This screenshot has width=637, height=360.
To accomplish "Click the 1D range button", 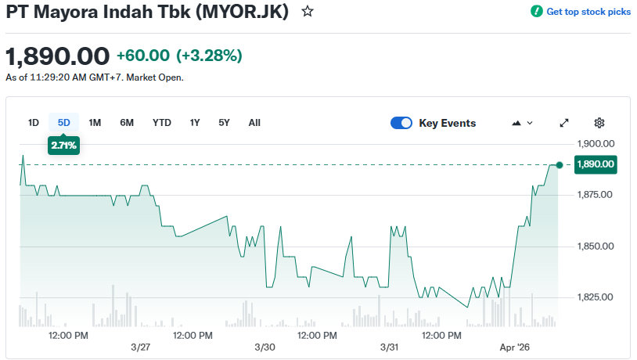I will coord(34,123).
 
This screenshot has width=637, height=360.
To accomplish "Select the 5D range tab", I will coord(64,123).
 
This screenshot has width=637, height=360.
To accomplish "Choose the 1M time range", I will coord(95,123).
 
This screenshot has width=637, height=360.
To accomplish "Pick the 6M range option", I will coord(127,123).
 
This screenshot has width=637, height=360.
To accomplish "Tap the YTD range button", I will coord(162,123).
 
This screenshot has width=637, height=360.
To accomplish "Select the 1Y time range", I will coord(195,123).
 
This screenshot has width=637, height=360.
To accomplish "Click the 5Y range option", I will coord(225,123).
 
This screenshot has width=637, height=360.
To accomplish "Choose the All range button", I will coord(254,123).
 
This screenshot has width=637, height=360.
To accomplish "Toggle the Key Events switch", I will coord(401,123).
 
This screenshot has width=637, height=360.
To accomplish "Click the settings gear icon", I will coord(599,123).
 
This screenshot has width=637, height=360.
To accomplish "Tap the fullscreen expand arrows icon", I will coord(564,123).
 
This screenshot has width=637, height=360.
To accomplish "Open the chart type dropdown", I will coord(522,123).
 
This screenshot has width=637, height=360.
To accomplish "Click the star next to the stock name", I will coord(308,12).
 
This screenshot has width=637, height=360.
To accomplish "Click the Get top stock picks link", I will coord(581,12).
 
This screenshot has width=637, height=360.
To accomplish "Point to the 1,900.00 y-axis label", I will coord(596,144).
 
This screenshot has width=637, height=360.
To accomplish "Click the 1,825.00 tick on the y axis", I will coord(596,297).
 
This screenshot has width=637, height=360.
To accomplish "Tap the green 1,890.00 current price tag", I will coord(596,164).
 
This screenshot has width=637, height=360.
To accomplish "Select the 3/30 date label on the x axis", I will coord(265,347).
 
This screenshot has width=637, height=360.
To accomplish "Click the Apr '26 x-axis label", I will coord(515,347).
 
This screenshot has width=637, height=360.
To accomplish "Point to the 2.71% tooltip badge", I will coord(64,145).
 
